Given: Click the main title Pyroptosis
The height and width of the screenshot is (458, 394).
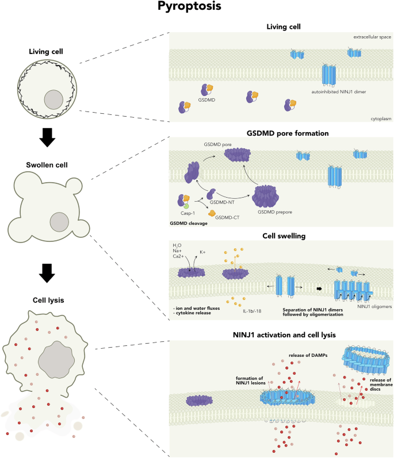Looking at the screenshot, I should pos(197,8).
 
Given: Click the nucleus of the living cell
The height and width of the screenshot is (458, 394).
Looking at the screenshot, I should pos(55,101).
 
